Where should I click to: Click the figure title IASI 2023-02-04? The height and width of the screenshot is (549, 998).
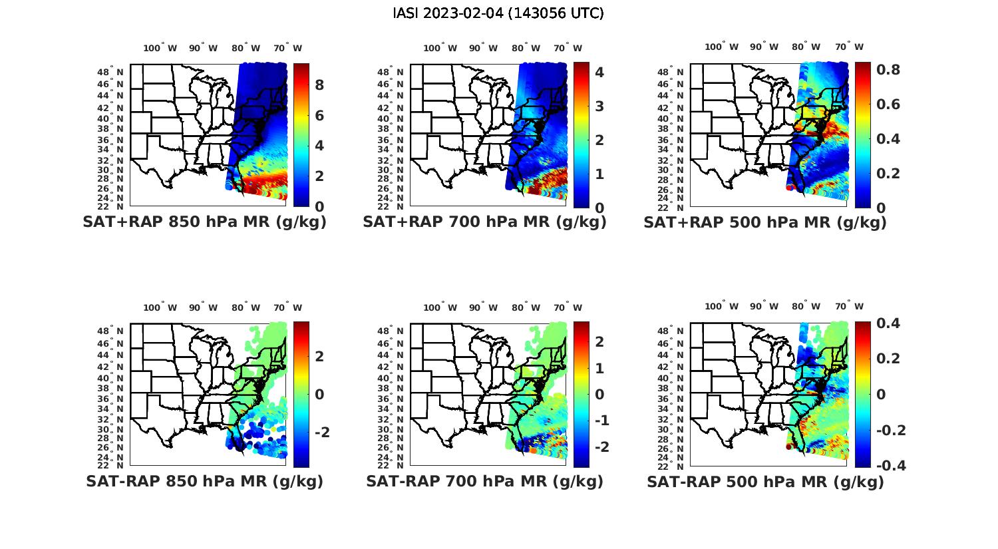(498, 13)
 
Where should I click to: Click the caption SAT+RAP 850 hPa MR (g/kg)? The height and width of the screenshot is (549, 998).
(204, 222)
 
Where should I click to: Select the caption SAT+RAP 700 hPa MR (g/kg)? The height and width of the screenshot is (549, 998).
(484, 222)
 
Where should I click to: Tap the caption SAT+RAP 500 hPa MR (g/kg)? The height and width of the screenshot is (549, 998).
(765, 222)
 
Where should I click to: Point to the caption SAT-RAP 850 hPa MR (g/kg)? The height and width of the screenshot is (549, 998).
(204, 481)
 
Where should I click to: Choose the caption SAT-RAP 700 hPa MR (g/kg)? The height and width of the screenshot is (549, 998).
(484, 481)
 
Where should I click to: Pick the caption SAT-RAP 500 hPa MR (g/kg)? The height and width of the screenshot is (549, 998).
(765, 481)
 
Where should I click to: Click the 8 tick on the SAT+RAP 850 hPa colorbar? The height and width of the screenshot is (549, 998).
(319, 85)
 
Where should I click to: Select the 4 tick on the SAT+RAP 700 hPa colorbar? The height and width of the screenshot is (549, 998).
(599, 72)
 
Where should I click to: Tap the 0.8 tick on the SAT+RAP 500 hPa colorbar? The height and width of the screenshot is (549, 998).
(888, 70)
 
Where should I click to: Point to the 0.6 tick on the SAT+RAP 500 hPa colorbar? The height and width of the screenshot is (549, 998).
(888, 104)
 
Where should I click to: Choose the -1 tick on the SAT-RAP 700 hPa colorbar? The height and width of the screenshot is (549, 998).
(601, 421)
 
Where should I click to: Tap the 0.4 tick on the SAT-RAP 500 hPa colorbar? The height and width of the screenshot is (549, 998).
(888, 323)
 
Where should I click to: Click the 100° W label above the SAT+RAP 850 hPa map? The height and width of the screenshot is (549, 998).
(160, 48)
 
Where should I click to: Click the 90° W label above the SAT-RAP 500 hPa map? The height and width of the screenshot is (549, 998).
(763, 307)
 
